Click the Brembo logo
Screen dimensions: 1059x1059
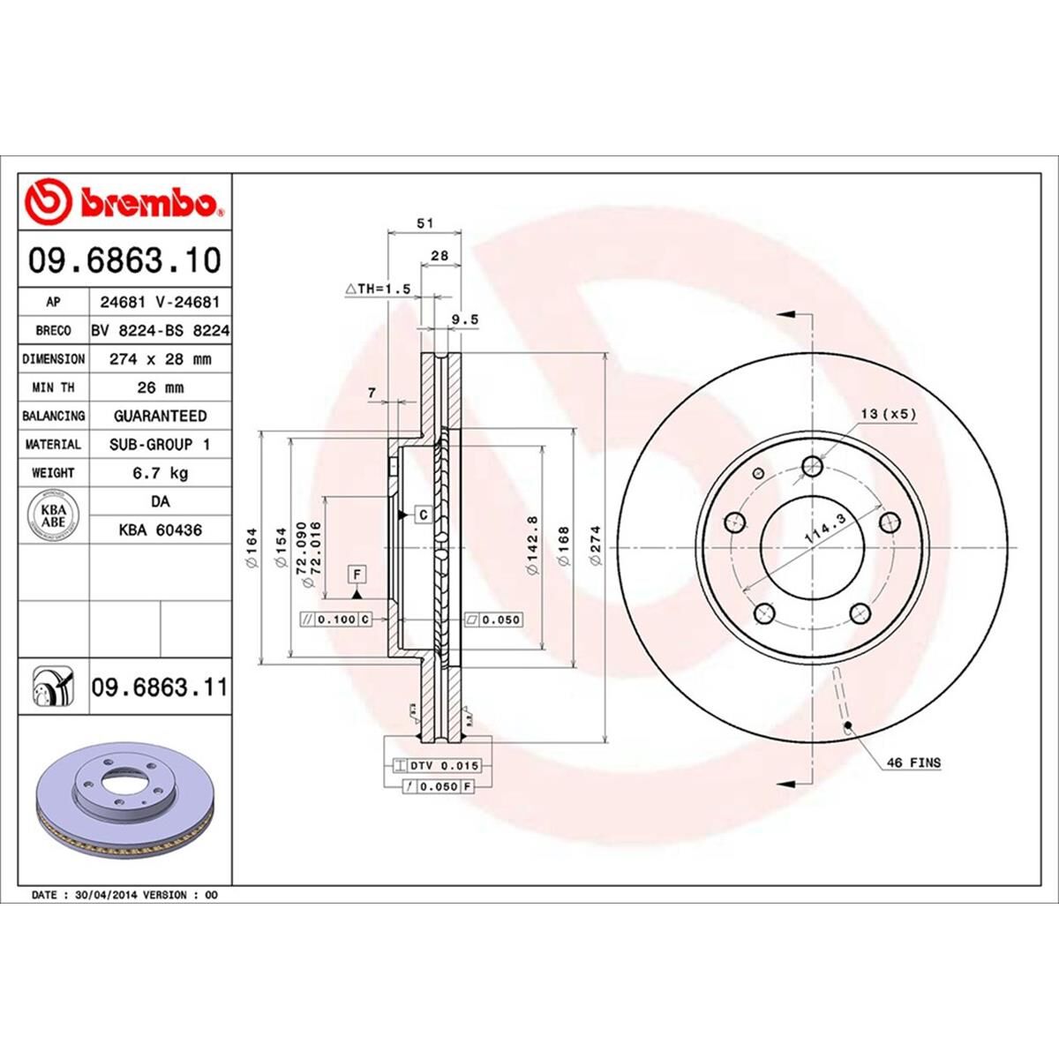pyautogui.click(x=124, y=202)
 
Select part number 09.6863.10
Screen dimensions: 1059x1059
pyautogui.click(x=124, y=260)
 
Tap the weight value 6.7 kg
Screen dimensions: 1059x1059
pyautogui.click(x=160, y=473)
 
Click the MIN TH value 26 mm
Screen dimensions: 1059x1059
pyautogui.click(x=160, y=387)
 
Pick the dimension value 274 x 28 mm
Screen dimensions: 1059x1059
pyautogui.click(x=160, y=359)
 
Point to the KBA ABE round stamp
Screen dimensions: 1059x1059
pyautogui.click(x=54, y=515)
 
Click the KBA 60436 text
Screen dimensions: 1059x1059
pyautogui.click(x=160, y=530)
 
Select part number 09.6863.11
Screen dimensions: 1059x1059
pyautogui.click(x=159, y=687)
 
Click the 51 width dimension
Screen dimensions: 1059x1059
pyautogui.click(x=424, y=224)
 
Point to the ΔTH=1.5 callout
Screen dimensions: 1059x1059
pyautogui.click(x=379, y=289)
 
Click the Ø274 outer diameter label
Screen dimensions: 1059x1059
pyautogui.click(x=596, y=546)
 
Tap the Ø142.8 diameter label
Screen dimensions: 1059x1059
pyautogui.click(x=532, y=546)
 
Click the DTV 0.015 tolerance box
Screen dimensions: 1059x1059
pyautogui.click(x=439, y=766)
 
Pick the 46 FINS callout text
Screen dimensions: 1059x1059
pyautogui.click(x=913, y=762)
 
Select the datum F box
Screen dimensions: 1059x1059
pyautogui.click(x=357, y=574)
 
